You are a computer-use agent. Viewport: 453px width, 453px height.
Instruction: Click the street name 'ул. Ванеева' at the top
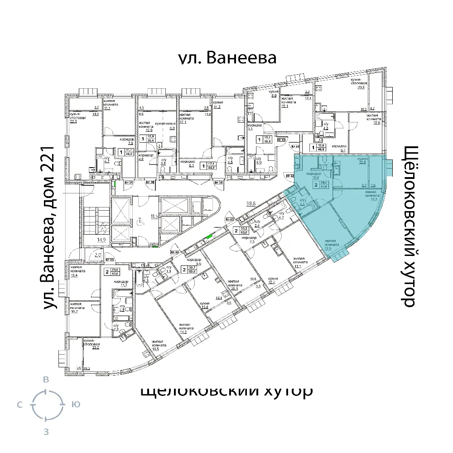point(226,59)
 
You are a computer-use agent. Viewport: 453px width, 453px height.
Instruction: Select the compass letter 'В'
point(46,380)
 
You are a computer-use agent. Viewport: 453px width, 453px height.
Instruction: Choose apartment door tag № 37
point(129,183)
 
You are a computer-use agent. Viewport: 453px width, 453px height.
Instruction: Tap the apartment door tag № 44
point(174,252)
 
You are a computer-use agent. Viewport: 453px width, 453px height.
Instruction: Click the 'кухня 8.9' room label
point(273,94)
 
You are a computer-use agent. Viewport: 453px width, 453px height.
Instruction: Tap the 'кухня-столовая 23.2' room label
point(91,343)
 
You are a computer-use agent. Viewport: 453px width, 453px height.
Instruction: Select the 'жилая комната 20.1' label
point(233,285)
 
